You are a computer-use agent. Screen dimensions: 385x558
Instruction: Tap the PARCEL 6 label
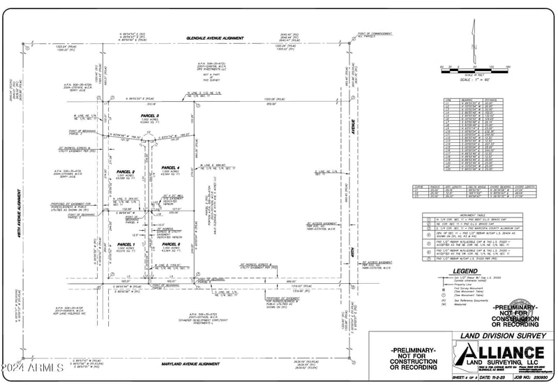tap(171, 244)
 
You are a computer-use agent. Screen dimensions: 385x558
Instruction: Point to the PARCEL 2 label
tap(124, 172)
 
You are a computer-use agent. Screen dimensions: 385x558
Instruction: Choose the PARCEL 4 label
tap(171, 168)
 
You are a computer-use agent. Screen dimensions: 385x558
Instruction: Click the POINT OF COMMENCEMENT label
tap(372, 33)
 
